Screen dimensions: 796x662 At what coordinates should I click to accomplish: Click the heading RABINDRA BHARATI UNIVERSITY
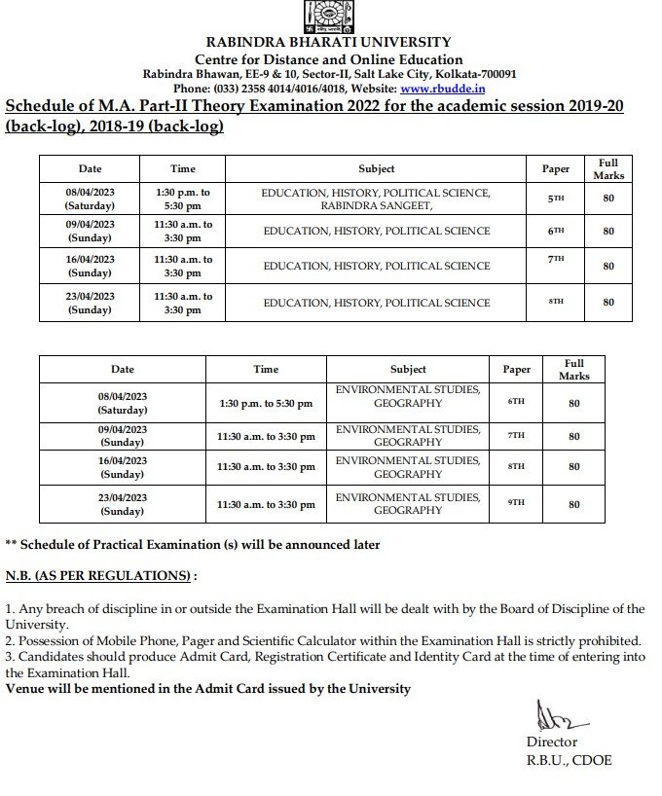click(x=328, y=42)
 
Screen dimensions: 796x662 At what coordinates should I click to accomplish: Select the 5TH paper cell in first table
click(x=555, y=199)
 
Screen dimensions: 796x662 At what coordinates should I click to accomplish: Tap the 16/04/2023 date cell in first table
click(x=90, y=267)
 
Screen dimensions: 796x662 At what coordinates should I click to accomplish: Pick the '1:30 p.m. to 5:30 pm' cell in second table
click(x=266, y=403)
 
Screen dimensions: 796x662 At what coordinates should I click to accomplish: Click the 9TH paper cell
click(x=517, y=503)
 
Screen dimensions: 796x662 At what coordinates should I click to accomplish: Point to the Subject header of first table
click(x=376, y=169)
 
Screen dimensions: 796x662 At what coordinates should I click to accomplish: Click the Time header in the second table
click(x=266, y=370)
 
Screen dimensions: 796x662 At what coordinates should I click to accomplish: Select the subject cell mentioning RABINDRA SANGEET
click(x=376, y=199)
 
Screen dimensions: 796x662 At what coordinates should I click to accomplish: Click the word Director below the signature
click(x=552, y=742)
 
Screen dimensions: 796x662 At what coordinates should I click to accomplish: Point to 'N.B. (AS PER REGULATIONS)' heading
click(x=100, y=576)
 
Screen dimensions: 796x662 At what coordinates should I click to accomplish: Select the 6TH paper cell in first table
click(x=555, y=232)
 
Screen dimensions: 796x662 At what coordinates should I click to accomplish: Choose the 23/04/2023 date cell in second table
click(x=123, y=504)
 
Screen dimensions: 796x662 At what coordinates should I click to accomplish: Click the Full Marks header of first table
click(x=608, y=169)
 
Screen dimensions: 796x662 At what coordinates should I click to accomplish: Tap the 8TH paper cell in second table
click(x=517, y=467)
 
